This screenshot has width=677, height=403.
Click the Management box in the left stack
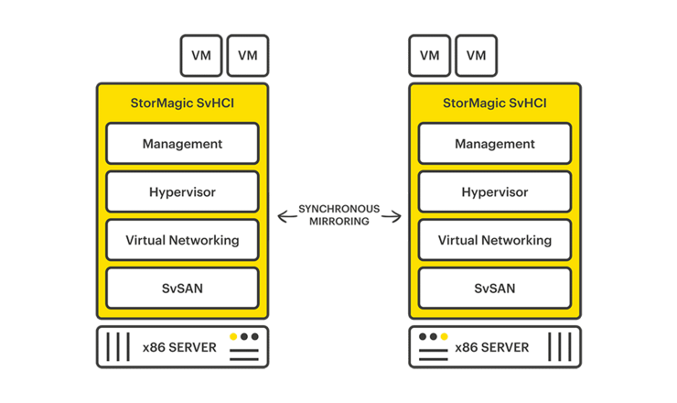182,144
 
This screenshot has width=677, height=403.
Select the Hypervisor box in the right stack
494,192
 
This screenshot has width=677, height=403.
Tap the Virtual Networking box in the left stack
182,240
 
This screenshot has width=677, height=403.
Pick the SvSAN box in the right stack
494,289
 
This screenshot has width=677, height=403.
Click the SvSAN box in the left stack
182,289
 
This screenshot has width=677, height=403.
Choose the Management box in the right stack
494,144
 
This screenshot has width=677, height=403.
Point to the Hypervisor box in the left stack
182,192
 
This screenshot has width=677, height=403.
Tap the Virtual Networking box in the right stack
494,240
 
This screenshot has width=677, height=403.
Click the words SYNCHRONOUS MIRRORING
339,216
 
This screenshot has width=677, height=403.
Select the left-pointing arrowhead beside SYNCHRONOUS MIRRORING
283,216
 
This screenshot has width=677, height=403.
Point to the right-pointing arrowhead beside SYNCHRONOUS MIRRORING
396,216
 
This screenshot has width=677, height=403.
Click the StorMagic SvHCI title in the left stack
182,103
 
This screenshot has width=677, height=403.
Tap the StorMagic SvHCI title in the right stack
494,103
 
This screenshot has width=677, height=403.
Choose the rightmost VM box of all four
476,55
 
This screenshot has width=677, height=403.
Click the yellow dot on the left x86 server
233,337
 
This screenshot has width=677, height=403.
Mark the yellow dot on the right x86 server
444,337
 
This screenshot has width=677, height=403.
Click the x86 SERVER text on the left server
179,348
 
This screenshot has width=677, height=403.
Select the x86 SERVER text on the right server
491,348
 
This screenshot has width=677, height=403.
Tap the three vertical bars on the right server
559,348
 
